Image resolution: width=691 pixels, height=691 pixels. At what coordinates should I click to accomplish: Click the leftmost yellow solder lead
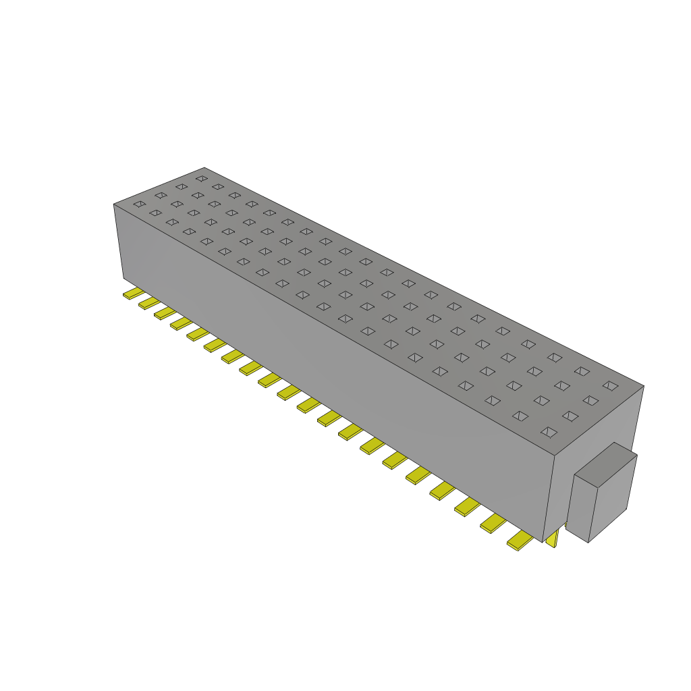pyautogui.click(x=133, y=294)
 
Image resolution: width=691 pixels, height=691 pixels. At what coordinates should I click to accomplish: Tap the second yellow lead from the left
pyautogui.click(x=148, y=303)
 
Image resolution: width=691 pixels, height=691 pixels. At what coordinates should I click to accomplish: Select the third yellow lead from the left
pyautogui.click(x=165, y=313)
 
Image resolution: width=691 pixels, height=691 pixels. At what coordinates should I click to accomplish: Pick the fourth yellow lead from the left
pyautogui.click(x=181, y=324)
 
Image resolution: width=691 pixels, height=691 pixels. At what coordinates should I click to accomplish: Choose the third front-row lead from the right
pyautogui.click(x=467, y=506)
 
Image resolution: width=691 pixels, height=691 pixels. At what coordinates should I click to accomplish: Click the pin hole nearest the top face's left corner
pyautogui.click(x=139, y=203)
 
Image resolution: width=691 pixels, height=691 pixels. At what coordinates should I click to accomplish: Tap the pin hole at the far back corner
pyautogui.click(x=201, y=178)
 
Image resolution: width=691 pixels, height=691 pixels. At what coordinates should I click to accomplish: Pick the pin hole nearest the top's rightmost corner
pyautogui.click(x=610, y=385)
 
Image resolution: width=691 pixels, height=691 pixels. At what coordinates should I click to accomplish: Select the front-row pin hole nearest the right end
pyautogui.click(x=549, y=431)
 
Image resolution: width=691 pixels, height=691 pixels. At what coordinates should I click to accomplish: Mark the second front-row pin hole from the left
pyautogui.click(x=155, y=213)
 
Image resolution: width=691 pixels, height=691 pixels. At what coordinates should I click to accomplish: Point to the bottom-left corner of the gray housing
pyautogui.click(x=123, y=277)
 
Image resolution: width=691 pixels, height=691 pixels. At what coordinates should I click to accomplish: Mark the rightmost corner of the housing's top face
pyautogui.click(x=643, y=386)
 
